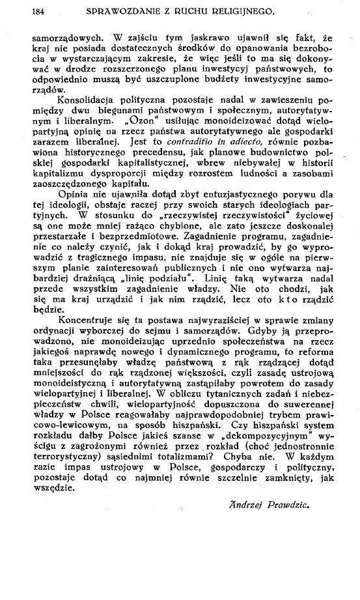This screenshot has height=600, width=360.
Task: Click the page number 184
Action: [40, 10]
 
